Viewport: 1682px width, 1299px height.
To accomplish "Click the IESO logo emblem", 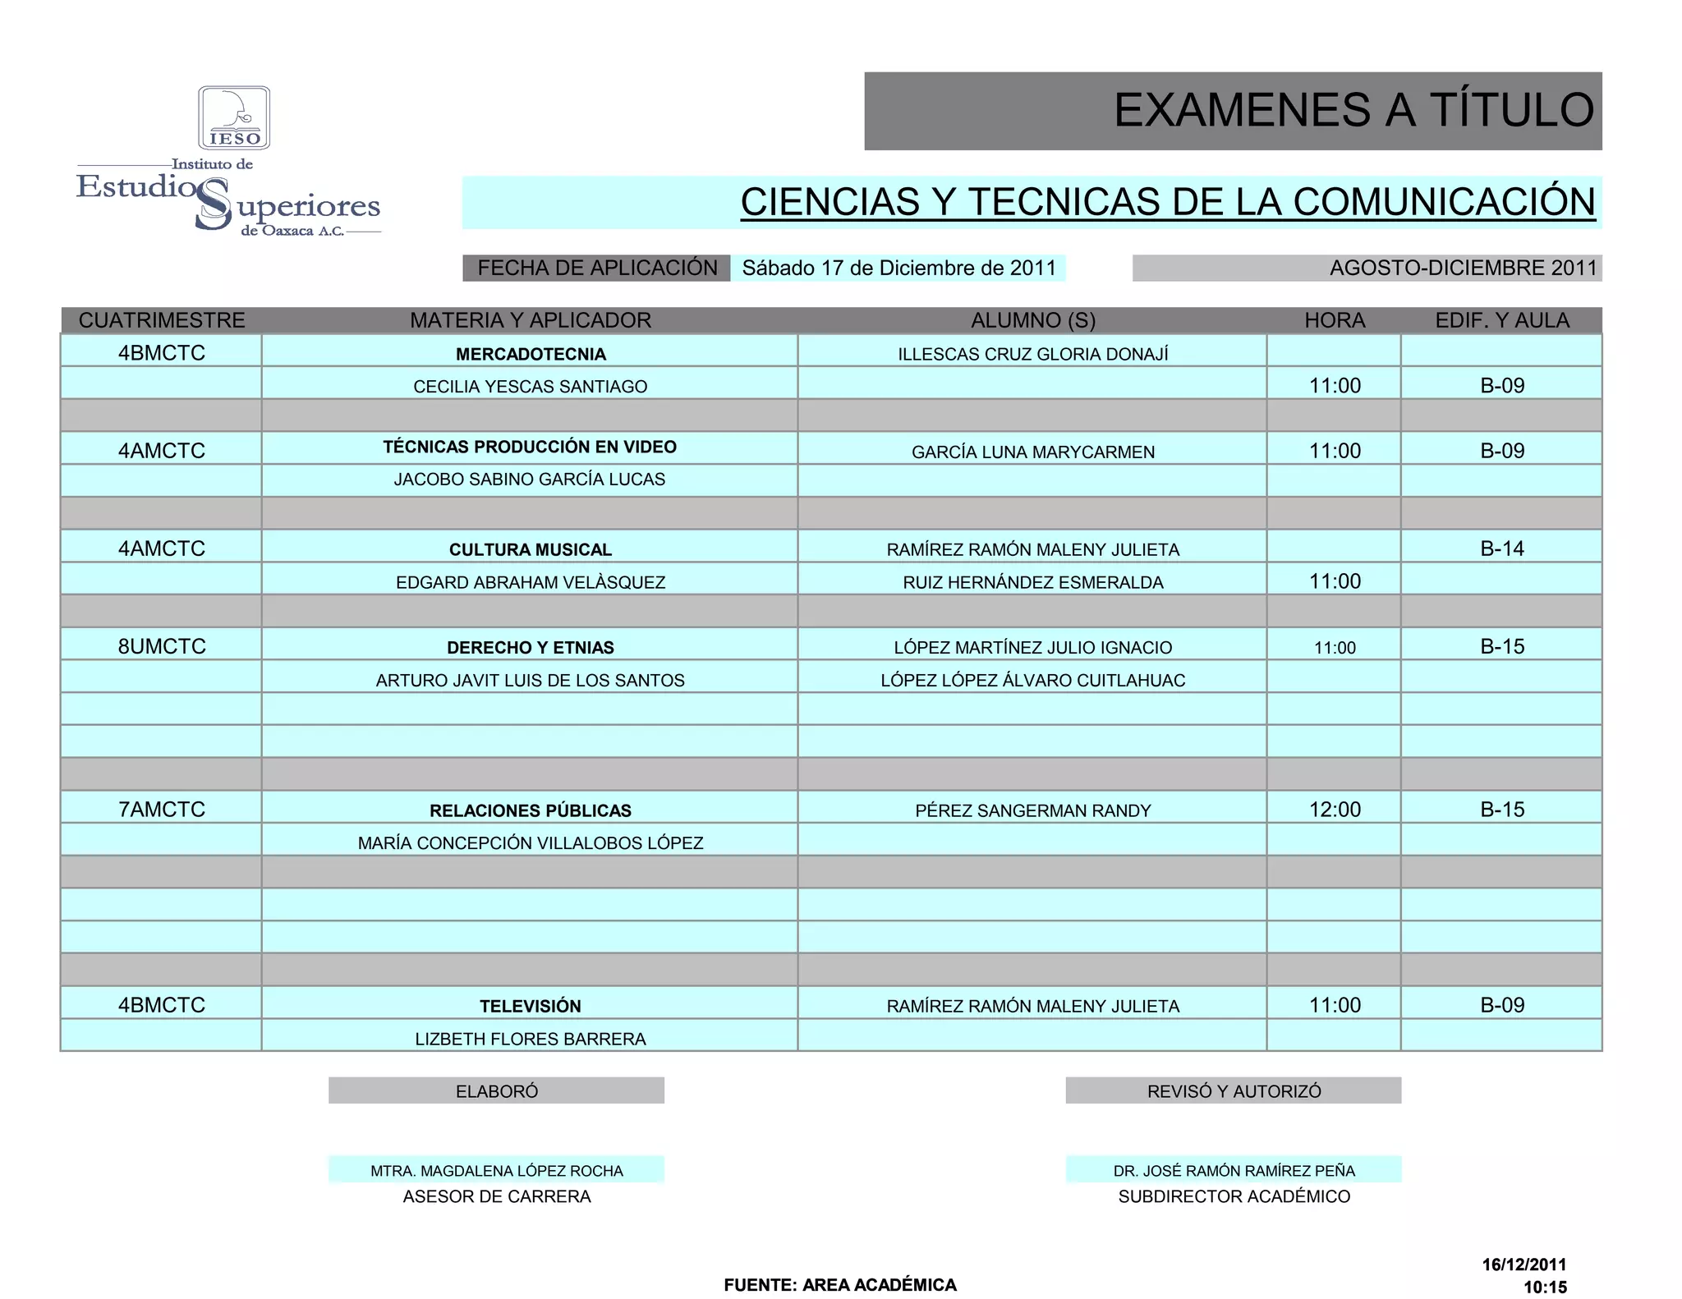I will (234, 117).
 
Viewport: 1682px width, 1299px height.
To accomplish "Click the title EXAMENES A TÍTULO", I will (1353, 110).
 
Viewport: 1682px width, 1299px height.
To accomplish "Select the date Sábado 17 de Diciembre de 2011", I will (898, 269).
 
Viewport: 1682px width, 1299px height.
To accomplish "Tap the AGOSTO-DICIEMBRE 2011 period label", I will (1463, 269).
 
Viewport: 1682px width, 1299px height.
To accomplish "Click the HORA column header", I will (1335, 320).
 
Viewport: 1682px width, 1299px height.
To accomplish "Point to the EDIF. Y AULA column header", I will (1501, 320).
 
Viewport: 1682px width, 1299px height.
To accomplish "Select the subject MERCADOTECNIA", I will (531, 354).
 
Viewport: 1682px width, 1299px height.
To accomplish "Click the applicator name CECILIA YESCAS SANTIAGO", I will (531, 387).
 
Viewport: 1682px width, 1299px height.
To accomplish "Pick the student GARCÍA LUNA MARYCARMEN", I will (1032, 452).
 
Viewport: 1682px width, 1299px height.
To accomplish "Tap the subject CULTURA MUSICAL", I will (531, 549).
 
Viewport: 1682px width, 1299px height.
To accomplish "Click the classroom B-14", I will (1502, 549).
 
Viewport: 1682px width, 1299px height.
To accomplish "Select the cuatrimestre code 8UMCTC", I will (162, 646).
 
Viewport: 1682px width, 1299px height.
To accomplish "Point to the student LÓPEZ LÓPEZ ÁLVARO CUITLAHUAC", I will (1032, 680).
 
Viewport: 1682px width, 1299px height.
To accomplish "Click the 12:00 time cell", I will (1335, 810).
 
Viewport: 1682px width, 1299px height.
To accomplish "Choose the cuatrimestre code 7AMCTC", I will (162, 810).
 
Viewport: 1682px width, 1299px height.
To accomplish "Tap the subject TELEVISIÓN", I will (531, 1006).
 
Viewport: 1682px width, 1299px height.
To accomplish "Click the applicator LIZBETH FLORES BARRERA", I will (531, 1039).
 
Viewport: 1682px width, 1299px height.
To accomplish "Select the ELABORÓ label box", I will (497, 1091).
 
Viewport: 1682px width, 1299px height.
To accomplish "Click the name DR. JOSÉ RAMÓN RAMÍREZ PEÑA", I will (1234, 1171).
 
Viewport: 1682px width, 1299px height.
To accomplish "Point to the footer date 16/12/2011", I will (1523, 1265).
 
